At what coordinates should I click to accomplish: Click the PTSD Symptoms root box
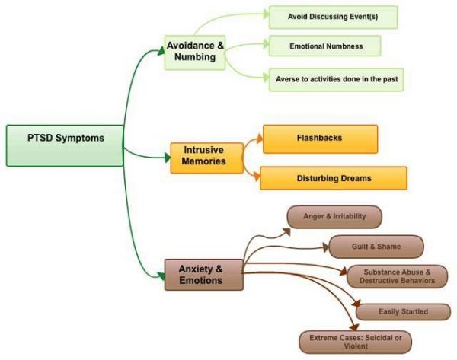click(x=64, y=145)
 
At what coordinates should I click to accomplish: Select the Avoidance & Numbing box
click(x=196, y=51)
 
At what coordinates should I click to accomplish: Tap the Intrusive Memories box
click(x=202, y=158)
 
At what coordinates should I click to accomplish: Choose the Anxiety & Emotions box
click(x=203, y=274)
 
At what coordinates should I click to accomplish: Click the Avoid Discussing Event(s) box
click(x=324, y=16)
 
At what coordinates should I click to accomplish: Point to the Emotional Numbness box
click(x=324, y=46)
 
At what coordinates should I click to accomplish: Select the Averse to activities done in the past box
click(x=335, y=78)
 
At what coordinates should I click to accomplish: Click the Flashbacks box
click(x=319, y=139)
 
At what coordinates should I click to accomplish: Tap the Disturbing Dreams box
click(x=334, y=178)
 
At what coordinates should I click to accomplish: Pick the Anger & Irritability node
click(x=333, y=216)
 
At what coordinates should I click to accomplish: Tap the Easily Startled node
click(x=402, y=311)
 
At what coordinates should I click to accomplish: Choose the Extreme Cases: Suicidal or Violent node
click(x=344, y=341)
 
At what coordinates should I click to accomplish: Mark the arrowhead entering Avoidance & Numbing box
click(x=162, y=50)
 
